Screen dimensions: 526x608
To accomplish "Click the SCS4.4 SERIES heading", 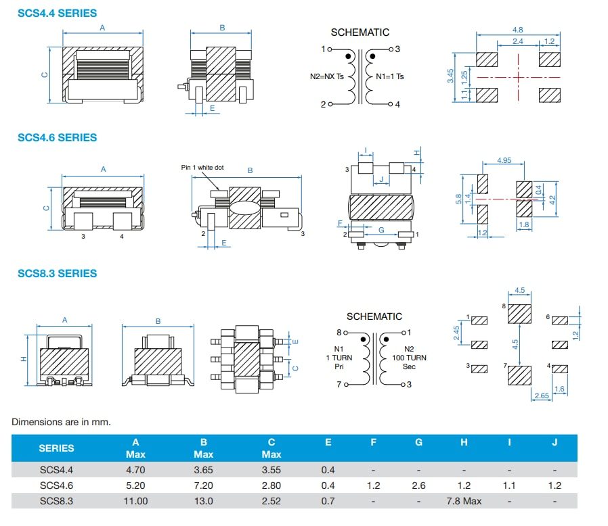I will point(57,13).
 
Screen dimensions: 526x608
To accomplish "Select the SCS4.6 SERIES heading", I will point(57,137).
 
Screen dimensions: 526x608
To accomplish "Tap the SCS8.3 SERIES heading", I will point(57,273).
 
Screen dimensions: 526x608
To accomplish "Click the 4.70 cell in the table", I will point(136,469).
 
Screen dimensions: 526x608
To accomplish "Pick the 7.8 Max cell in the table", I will point(464,501).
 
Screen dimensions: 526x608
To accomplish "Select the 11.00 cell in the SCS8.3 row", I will point(136,501).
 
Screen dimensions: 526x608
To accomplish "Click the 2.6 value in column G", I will point(418,485).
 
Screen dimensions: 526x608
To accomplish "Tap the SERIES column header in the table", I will point(57,448).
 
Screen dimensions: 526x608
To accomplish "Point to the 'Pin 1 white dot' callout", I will point(202,167).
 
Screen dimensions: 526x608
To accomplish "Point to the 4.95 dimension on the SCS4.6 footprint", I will point(504,160).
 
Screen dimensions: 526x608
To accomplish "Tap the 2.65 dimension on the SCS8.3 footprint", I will point(540,395).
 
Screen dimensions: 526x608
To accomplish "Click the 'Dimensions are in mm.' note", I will point(61,422).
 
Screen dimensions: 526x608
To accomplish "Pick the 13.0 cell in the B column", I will point(203,501).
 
